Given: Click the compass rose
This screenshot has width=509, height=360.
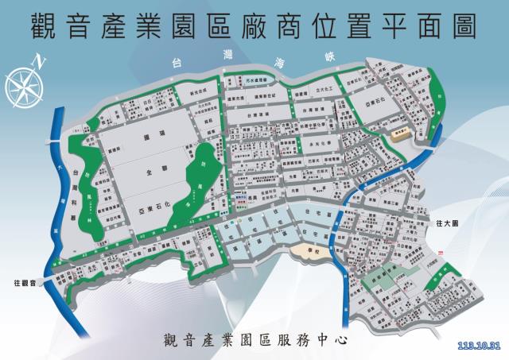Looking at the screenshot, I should [21, 83].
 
